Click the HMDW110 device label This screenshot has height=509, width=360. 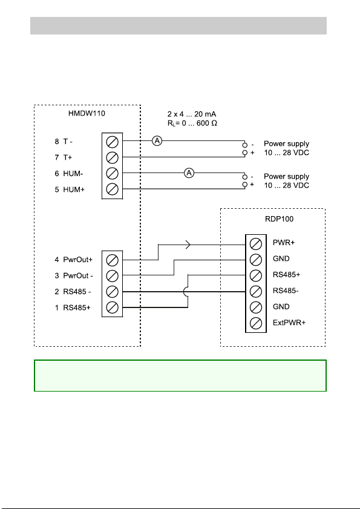(87, 114)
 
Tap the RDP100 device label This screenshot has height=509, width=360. (279, 219)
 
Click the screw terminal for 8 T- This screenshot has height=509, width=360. (113, 142)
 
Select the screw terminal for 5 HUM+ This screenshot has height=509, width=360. (113, 189)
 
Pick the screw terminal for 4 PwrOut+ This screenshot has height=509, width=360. (113, 260)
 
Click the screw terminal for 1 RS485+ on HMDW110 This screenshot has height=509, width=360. (113, 307)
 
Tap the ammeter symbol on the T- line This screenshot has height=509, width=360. (157, 141)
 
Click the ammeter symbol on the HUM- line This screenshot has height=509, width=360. (189, 173)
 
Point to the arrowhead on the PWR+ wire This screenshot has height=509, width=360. (188, 245)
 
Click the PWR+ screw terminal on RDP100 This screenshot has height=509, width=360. (256, 243)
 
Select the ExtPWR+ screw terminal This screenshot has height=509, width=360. (256, 323)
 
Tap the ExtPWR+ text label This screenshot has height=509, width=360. (289, 323)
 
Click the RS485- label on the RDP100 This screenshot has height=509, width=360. (286, 291)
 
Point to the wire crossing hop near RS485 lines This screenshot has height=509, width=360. (185, 292)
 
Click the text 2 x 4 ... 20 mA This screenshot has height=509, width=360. (192, 114)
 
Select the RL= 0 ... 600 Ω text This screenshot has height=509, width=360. (192, 123)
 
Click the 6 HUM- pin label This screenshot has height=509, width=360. (69, 174)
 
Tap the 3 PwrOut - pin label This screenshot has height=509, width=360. (74, 275)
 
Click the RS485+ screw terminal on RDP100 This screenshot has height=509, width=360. (256, 275)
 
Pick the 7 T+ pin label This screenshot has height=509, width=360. (64, 157)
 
